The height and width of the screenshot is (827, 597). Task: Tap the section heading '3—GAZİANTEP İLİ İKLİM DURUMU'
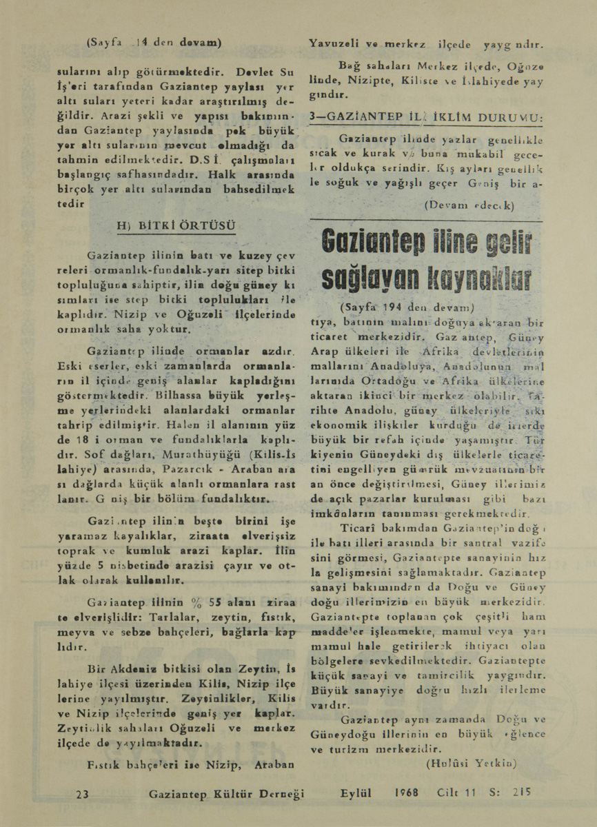pyautogui.click(x=427, y=118)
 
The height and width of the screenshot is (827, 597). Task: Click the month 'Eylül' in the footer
pyautogui.click(x=356, y=793)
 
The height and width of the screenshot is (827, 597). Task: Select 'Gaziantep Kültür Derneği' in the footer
pyautogui.click(x=226, y=794)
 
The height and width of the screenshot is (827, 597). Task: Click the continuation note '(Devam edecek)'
pyautogui.click(x=470, y=205)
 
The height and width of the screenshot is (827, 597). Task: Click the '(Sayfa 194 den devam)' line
pyautogui.click(x=409, y=307)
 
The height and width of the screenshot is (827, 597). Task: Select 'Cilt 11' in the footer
pyautogui.click(x=457, y=793)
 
